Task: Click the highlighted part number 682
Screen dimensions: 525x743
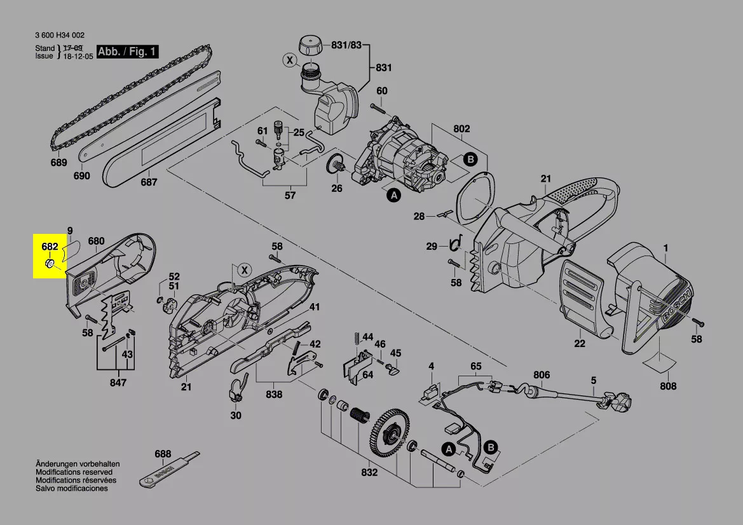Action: tap(50, 247)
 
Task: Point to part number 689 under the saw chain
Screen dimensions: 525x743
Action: tap(58, 163)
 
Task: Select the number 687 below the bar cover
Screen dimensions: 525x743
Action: tap(149, 182)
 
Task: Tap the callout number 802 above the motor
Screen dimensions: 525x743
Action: tap(461, 129)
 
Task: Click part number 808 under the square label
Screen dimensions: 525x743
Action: tap(668, 386)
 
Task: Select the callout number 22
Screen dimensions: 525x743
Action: tap(579, 344)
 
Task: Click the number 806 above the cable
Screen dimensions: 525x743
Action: tap(542, 375)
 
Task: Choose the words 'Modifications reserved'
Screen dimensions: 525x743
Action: tap(74, 472)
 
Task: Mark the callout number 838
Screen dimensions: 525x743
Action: tap(274, 394)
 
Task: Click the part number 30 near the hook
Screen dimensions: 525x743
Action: tap(236, 416)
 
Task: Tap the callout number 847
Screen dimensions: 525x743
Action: tap(118, 382)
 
